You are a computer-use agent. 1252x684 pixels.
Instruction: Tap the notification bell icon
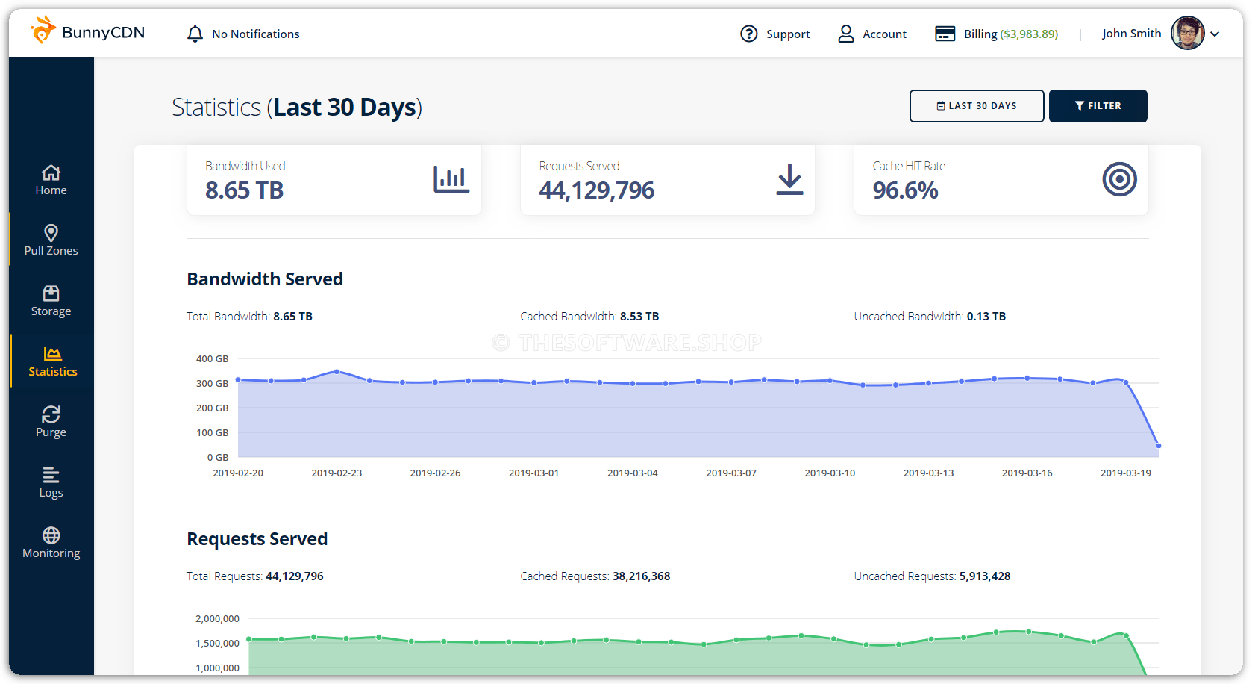click(195, 34)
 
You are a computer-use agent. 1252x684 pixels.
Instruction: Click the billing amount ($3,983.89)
click(1029, 34)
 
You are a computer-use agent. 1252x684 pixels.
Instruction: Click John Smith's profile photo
click(1187, 33)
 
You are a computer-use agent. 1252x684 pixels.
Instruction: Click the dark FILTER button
click(1098, 106)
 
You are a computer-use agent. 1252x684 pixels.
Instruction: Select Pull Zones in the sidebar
click(51, 240)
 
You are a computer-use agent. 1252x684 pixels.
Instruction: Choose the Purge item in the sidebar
click(51, 421)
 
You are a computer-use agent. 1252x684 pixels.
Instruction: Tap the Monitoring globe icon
click(51, 535)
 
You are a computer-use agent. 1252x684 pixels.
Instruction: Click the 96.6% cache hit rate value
click(905, 190)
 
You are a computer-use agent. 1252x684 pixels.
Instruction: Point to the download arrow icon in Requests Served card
click(789, 180)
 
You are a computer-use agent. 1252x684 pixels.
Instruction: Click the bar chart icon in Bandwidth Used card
click(451, 179)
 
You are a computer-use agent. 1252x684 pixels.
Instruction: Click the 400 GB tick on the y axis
click(212, 358)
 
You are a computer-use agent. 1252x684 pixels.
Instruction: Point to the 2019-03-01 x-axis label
click(533, 473)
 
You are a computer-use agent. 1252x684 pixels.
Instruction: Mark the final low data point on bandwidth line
click(1158, 446)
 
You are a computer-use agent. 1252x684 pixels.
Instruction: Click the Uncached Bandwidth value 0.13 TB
click(986, 317)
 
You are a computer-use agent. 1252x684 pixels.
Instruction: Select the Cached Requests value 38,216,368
click(641, 576)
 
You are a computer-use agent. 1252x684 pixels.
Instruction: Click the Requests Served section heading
click(257, 539)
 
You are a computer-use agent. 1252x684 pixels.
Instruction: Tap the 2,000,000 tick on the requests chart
click(217, 618)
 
